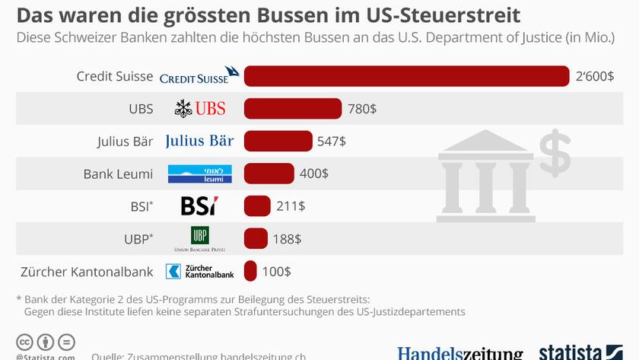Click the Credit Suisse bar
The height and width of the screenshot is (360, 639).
(406, 76)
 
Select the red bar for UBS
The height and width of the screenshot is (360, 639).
(293, 109)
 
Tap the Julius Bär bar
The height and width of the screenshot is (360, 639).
(278, 141)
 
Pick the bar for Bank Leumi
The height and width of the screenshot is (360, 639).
(269, 174)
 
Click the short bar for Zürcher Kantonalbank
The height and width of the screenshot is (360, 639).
(250, 271)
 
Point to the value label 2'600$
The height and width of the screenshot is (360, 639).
(595, 76)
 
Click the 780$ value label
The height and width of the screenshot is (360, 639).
(362, 109)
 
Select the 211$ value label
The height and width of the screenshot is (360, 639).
(291, 206)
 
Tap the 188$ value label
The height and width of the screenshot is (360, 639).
(287, 239)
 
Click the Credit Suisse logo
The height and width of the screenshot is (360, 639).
(200, 75)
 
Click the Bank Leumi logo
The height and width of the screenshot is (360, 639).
(200, 174)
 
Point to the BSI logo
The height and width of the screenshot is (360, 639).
(199, 206)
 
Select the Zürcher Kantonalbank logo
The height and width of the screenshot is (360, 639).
(200, 271)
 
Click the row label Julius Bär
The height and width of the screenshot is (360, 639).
(126, 142)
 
